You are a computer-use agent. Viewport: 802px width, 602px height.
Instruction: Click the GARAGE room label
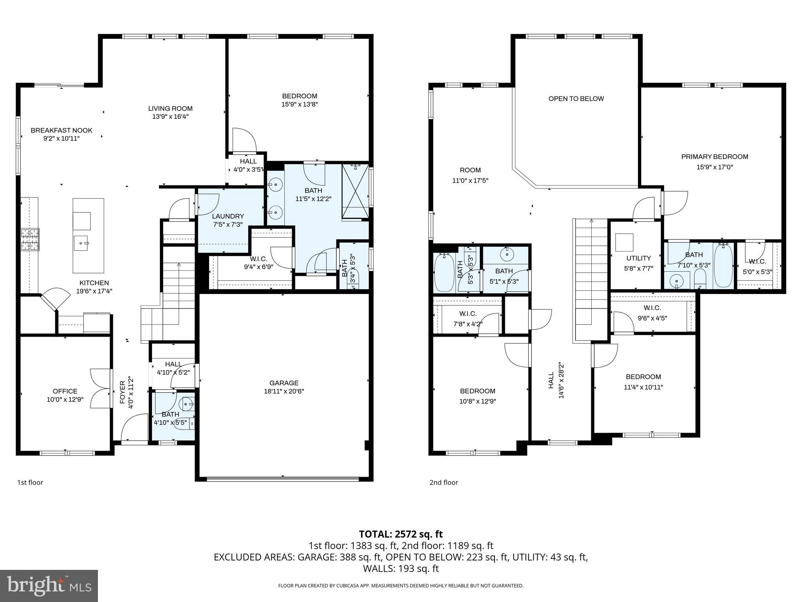pyautogui.click(x=284, y=383)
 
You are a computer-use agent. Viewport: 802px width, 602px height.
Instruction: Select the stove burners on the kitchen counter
pyautogui.click(x=30, y=239)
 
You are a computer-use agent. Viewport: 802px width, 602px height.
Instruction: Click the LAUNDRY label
pyautogui.click(x=228, y=216)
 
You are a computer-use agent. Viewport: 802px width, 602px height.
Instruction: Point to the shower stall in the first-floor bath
pyautogui.click(x=355, y=191)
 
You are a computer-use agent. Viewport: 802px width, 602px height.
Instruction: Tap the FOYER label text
pyautogui.click(x=123, y=392)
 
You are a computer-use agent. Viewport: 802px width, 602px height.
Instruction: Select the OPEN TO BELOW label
pyautogui.click(x=576, y=99)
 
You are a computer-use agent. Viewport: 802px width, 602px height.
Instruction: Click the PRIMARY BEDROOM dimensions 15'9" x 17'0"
pyautogui.click(x=714, y=167)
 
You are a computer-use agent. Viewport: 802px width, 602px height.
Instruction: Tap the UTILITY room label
pyautogui.click(x=638, y=258)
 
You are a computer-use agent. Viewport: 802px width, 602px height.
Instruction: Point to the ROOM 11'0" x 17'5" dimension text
pyautogui.click(x=470, y=181)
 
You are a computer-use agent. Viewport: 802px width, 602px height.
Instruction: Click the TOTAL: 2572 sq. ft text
pyautogui.click(x=401, y=534)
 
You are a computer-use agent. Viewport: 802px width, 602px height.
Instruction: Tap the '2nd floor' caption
pyautogui.click(x=444, y=482)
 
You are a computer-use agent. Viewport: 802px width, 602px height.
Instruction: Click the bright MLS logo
pyautogui.click(x=49, y=586)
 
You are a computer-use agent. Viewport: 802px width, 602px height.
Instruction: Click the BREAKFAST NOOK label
pyautogui.click(x=61, y=131)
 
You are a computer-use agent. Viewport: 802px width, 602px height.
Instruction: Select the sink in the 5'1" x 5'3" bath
pyautogui.click(x=507, y=254)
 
